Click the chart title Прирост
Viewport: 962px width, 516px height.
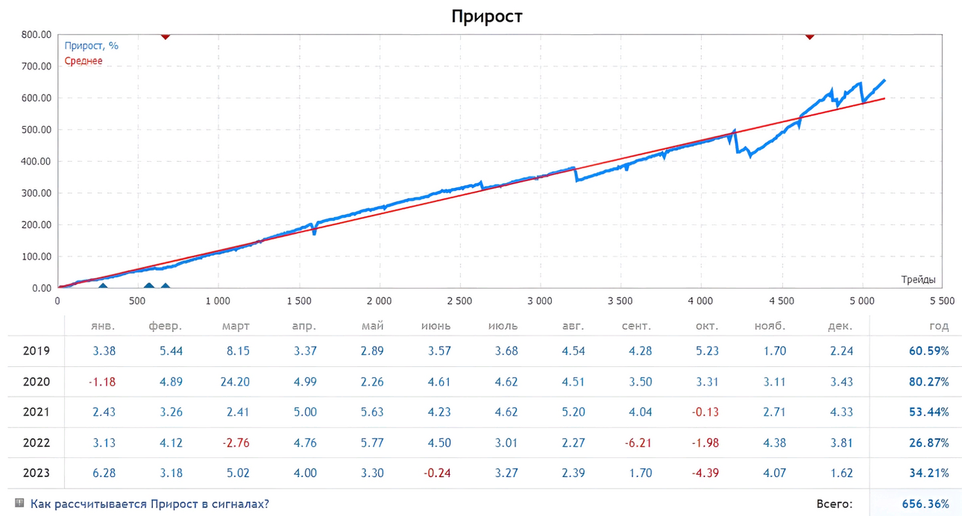pyautogui.click(x=486, y=16)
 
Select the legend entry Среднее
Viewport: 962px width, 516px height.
pyautogui.click(x=84, y=61)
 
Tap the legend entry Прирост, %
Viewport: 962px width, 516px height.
pyautogui.click(x=91, y=45)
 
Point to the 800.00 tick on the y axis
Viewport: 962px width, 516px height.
pyautogui.click(x=37, y=35)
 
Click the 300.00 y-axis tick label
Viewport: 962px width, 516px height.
pyautogui.click(x=37, y=193)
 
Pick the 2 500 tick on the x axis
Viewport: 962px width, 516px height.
pyautogui.click(x=459, y=301)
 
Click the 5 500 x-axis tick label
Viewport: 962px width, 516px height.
pyautogui.click(x=942, y=301)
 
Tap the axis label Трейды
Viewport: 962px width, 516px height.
pyautogui.click(x=918, y=280)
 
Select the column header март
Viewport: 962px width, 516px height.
pyautogui.click(x=236, y=327)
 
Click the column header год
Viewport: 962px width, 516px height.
pyautogui.click(x=939, y=327)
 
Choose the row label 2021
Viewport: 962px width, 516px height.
pyautogui.click(x=37, y=412)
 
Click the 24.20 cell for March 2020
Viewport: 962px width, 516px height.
pyautogui.click(x=235, y=382)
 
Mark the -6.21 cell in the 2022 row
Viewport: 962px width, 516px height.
pyautogui.click(x=638, y=443)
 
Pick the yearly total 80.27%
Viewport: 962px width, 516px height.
pyautogui.click(x=929, y=382)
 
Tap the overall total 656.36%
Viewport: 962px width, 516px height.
pyautogui.click(x=925, y=504)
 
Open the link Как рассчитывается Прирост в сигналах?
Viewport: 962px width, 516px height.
pyautogui.click(x=149, y=504)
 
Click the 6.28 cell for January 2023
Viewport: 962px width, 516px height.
pyautogui.click(x=104, y=473)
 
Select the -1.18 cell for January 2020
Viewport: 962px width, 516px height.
pyautogui.click(x=102, y=382)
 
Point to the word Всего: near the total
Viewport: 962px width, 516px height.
pyautogui.click(x=834, y=504)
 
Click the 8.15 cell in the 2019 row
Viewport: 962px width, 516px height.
pyautogui.click(x=238, y=351)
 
